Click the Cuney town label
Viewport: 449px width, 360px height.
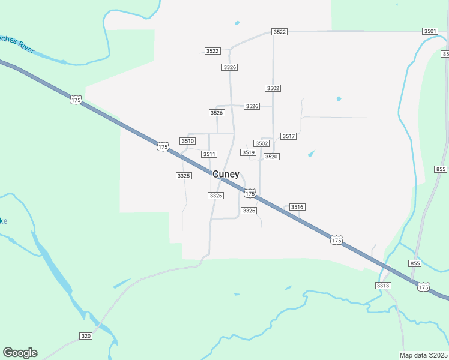pos(226,175)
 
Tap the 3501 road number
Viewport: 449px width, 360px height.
pos(430,31)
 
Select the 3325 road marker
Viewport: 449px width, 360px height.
pos(184,176)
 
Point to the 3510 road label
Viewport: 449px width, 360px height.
pos(188,141)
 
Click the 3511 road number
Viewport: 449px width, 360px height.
pos(209,154)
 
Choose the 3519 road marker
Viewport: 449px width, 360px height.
pos(249,152)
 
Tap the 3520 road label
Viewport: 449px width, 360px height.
pos(271,157)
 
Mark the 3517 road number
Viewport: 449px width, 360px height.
pos(288,136)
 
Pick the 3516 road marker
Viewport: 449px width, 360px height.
pos(297,207)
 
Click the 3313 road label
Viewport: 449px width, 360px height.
pos(384,285)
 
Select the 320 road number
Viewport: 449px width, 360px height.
pos(86,336)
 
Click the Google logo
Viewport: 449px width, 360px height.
pos(20,353)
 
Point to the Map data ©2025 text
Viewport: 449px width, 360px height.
pos(424,355)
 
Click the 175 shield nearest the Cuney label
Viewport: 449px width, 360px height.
pos(250,193)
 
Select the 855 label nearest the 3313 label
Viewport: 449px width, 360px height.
pos(415,263)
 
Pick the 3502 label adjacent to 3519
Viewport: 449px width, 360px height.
pos(261,143)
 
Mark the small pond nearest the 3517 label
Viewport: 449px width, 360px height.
pos(311,154)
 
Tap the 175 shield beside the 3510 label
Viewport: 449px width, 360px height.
pos(163,146)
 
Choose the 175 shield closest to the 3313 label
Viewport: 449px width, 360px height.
pos(424,287)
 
